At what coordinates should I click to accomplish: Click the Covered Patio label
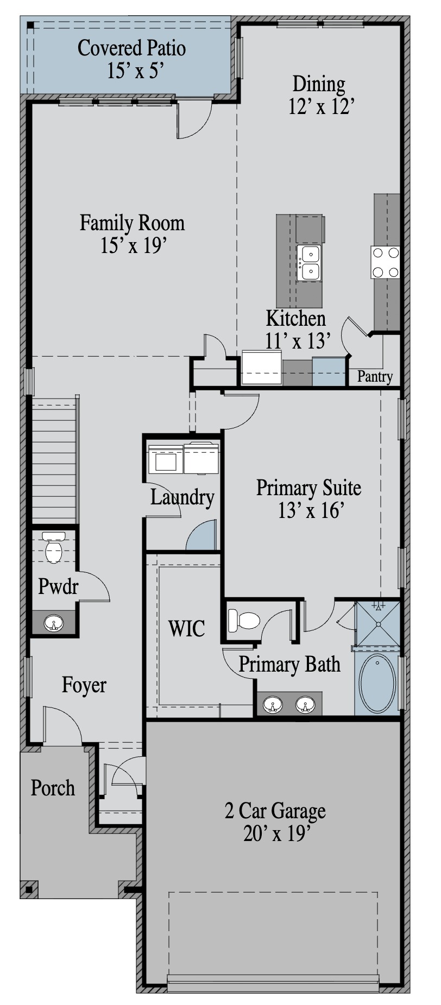pos(132,48)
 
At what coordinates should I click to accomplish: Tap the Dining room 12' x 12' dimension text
pos(322,107)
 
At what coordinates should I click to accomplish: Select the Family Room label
pos(132,223)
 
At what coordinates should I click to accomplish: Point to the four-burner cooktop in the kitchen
pos(386,262)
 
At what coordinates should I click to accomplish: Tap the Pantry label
pos(375,376)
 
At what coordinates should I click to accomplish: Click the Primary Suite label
pos(308,487)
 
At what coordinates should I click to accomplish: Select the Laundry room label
pos(182,497)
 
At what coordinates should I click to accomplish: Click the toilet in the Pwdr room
pos(54,547)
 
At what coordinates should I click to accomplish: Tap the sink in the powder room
pos(54,623)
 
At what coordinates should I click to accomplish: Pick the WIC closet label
pos(186,628)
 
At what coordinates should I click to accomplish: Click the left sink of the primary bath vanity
pos(273,705)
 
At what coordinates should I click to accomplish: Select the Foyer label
pos(84,685)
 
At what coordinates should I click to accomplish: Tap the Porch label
pos(53,787)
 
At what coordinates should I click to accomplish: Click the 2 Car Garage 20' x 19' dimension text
pos(276,833)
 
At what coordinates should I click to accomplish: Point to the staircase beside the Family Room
pos(55,460)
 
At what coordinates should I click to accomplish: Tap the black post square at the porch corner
pos(29,889)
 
